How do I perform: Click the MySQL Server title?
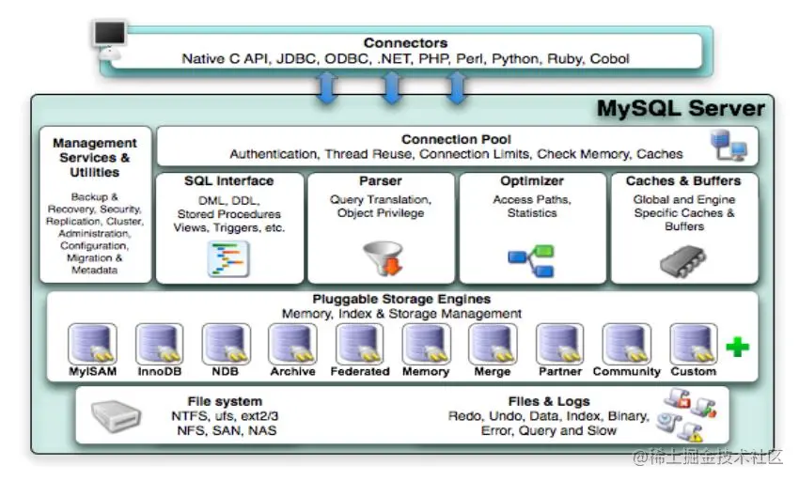681,109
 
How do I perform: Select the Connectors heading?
405,43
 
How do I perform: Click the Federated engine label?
359,371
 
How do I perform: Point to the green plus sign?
737,347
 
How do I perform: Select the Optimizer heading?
532,180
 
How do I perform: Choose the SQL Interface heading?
229,180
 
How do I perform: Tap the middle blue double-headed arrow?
391,87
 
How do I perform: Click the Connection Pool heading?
444,139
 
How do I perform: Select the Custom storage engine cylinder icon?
693,344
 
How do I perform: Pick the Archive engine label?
292,371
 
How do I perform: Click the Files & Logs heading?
549,401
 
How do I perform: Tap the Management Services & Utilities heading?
95,157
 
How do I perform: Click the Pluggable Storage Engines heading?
401,300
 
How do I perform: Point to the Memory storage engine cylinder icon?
426,344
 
